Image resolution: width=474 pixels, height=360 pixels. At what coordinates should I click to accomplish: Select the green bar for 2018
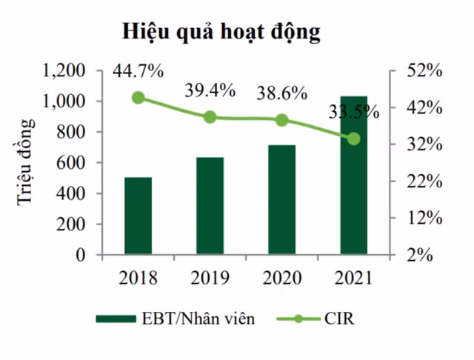138,216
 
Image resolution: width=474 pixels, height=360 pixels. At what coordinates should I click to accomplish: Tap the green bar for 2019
210,206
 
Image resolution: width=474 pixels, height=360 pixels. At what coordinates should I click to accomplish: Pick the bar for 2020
281,200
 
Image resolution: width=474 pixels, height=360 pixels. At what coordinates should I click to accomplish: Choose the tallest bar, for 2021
353,176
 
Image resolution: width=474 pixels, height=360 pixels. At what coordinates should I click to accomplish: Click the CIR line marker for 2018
138,98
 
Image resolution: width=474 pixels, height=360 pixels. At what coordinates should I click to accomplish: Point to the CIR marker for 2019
210,117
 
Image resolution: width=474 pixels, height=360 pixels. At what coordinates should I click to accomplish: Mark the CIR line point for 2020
281,120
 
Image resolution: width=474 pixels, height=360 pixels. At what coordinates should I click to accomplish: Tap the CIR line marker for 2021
353,139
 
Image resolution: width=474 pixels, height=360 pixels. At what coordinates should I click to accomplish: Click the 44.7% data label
138,73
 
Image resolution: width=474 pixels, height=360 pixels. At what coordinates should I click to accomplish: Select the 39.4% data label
210,91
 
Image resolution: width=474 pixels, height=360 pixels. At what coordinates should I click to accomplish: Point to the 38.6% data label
281,94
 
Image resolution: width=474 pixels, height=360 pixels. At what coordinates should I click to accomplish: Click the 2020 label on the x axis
281,279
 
